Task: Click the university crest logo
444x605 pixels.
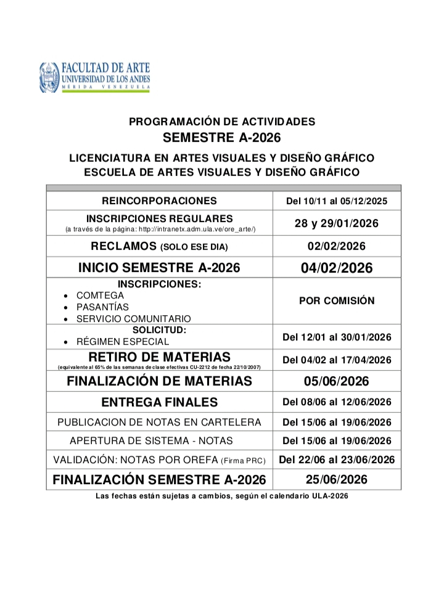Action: tap(49, 77)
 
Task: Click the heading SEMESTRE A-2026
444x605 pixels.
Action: tap(221, 137)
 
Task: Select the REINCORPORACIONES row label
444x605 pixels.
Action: tap(159, 200)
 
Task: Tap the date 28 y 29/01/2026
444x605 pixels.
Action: tap(337, 223)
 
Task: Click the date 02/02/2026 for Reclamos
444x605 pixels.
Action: tap(337, 246)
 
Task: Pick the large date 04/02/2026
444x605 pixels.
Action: tap(337, 268)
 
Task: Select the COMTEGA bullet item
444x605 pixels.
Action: tap(100, 295)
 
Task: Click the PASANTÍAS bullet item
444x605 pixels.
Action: tap(102, 307)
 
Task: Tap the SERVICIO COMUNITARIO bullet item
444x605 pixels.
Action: tap(133, 318)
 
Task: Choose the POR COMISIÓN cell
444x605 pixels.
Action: tap(337, 301)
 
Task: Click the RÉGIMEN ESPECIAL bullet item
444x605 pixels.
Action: tap(122, 341)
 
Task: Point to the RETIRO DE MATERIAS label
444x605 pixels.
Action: tap(159, 357)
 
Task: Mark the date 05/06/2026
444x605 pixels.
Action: tap(337, 381)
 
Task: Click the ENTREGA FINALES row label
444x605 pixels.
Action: tap(159, 403)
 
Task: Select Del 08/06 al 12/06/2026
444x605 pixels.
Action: tap(337, 403)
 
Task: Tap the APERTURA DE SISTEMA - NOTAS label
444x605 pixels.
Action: tap(159, 441)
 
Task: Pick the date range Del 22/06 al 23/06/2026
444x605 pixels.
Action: tap(337, 459)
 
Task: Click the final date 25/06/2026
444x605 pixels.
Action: tap(337, 480)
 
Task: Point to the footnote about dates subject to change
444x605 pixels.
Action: tap(222, 496)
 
